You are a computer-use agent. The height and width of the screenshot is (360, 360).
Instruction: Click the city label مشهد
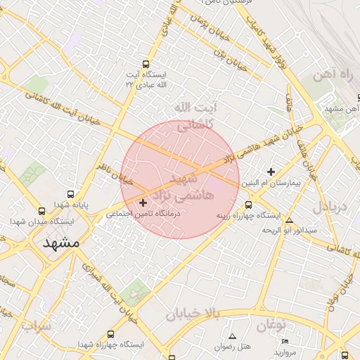(x=61, y=244)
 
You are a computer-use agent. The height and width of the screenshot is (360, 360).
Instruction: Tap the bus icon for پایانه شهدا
(x=70, y=194)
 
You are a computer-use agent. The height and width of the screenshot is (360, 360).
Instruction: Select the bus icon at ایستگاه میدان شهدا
(x=41, y=211)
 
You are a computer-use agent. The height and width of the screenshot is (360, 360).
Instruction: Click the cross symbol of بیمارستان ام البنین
(x=271, y=172)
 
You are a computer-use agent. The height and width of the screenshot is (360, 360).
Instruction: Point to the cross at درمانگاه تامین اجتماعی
(x=144, y=202)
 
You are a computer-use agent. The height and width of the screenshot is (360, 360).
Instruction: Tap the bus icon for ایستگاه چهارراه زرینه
(x=248, y=205)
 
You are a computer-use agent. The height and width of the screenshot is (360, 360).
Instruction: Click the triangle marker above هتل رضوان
(x=233, y=337)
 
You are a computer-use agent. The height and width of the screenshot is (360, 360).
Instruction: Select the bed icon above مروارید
(x=284, y=341)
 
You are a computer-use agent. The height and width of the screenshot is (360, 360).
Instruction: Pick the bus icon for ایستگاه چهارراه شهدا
(x=110, y=334)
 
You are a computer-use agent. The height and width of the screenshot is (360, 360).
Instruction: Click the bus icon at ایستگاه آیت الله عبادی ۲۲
(x=146, y=63)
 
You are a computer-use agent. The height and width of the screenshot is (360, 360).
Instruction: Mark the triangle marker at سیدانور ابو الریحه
(x=290, y=220)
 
